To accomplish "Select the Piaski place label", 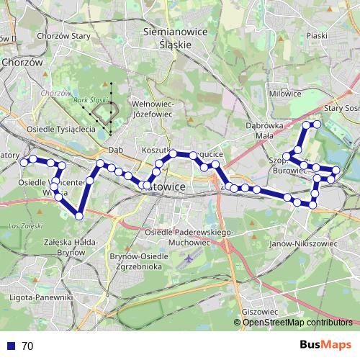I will coord(316,35).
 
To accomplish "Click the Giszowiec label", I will coord(260,312).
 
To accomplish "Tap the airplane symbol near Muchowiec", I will coord(189,257).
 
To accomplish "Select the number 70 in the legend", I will coord(27,346).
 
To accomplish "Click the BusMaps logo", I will coord(320,346).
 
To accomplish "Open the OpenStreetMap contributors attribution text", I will coord(296,323).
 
